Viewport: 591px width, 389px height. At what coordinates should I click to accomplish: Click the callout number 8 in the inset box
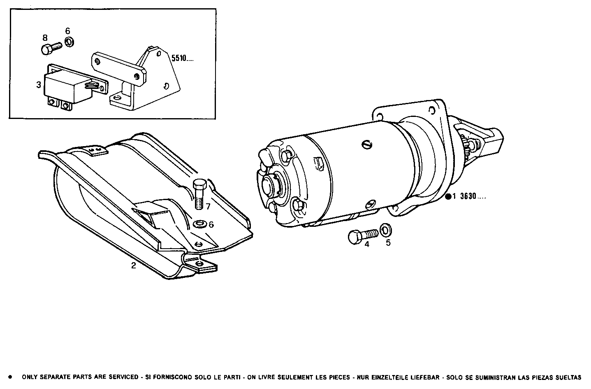click(x=45, y=37)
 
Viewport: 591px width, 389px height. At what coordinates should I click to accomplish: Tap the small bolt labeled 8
click(x=51, y=48)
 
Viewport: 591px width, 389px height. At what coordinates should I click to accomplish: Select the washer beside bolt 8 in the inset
click(x=69, y=42)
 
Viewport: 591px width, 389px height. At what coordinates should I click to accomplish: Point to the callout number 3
click(x=38, y=85)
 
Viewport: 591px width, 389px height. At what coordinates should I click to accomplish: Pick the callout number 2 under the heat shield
click(x=133, y=266)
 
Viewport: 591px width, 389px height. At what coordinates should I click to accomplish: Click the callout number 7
click(x=208, y=206)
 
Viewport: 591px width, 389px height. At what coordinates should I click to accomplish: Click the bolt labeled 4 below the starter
click(x=362, y=235)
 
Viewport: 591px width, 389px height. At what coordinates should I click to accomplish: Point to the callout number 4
click(x=367, y=245)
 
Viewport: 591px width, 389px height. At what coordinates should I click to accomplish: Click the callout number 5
click(x=388, y=243)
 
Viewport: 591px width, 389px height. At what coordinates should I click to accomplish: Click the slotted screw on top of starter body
click(x=368, y=144)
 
